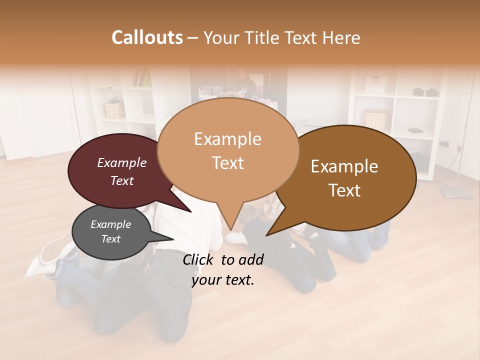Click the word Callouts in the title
pos(147,37)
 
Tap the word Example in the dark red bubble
pos(121,162)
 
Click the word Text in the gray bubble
pos(110,239)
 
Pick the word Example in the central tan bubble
pos(227,139)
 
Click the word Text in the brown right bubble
pos(344,190)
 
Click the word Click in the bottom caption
pos(199,259)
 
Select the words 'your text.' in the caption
pos(223,280)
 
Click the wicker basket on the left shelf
pos(114,109)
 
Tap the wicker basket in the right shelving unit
pos(375,118)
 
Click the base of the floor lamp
pos(455,192)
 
